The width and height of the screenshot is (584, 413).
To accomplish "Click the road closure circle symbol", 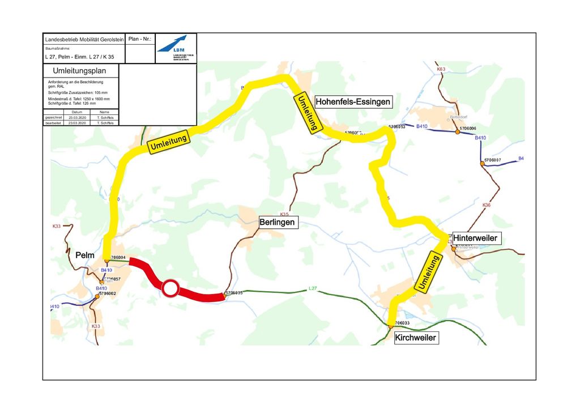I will (x=170, y=288).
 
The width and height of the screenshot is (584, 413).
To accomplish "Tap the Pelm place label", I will (x=85, y=256).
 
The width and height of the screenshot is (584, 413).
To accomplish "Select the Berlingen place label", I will (x=277, y=223).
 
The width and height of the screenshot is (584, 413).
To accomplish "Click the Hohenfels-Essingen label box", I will (x=353, y=102).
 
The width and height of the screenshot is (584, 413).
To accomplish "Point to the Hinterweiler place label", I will (x=475, y=238).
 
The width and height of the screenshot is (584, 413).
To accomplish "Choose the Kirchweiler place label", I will (x=416, y=338).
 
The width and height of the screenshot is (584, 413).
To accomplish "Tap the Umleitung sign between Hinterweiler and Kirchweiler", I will (x=428, y=273).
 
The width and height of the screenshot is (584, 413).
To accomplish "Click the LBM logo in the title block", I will (x=176, y=48).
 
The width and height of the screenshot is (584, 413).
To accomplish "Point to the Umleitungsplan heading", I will (x=81, y=71).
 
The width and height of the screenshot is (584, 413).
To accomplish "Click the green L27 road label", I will (x=313, y=289).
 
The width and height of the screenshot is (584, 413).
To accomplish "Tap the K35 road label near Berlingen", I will (x=284, y=214).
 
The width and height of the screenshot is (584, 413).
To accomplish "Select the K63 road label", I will (x=441, y=69).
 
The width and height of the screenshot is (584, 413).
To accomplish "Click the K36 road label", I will (x=486, y=205).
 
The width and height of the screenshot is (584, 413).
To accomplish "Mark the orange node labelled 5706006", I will (x=457, y=132).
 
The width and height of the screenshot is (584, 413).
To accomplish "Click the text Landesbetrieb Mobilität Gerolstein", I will (x=83, y=39).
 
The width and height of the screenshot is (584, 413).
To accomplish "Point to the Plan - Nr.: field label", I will (x=140, y=39).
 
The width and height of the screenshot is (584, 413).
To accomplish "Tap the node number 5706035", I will (x=235, y=293).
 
